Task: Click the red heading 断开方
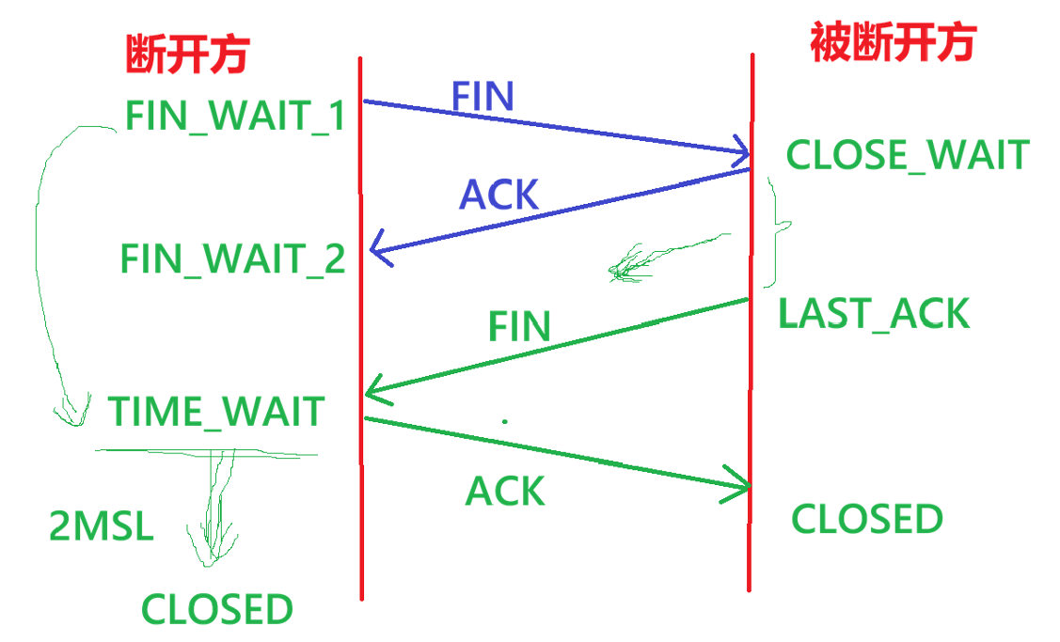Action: pos(186,55)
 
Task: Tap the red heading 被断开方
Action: pos(893,41)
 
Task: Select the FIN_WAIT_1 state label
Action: pos(235,117)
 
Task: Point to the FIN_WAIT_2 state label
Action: pos(233,258)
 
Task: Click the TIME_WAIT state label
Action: pos(216,412)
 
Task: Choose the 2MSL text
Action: pos(102,527)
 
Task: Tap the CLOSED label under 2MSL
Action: pos(217,609)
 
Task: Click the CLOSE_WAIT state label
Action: pos(908,155)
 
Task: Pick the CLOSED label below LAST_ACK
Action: pos(866,519)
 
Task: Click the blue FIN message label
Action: pos(483,96)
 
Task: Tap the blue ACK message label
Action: pos(498,195)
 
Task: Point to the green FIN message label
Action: pos(519,326)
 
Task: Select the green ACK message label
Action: pos(505,491)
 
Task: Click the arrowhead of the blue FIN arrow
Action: pos(743,152)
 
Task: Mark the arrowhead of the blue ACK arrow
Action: pos(375,251)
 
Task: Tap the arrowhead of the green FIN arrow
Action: pos(371,392)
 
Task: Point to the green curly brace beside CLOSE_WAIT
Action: pos(777,230)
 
